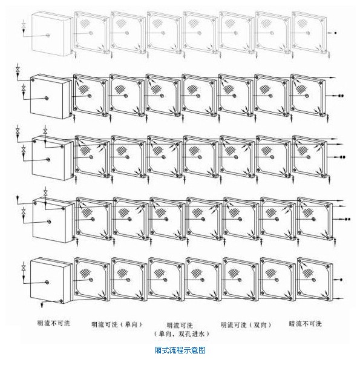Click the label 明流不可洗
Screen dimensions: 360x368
pos(54,323)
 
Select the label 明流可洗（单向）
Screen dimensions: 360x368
pos(117,324)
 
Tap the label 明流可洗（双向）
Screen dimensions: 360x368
pos(246,325)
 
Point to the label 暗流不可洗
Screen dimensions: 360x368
pos(306,324)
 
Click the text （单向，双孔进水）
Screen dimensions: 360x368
pos(182,333)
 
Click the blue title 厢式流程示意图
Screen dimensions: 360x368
pos(180,350)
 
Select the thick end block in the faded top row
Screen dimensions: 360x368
pos(51,34)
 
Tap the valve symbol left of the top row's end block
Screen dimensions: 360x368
pos(24,25)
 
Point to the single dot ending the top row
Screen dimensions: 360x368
pos(335,33)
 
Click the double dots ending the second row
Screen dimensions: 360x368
pos(341,96)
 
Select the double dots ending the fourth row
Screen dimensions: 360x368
pos(347,219)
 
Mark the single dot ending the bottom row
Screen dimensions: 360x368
pos(341,280)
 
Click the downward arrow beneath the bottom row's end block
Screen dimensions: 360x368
pos(42,304)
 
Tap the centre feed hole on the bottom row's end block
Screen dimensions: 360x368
pos(47,282)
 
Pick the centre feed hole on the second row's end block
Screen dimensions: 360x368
pos(47,98)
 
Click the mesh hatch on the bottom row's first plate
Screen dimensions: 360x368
pos(85,273)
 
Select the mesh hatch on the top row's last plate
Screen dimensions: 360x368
pos(302,24)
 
